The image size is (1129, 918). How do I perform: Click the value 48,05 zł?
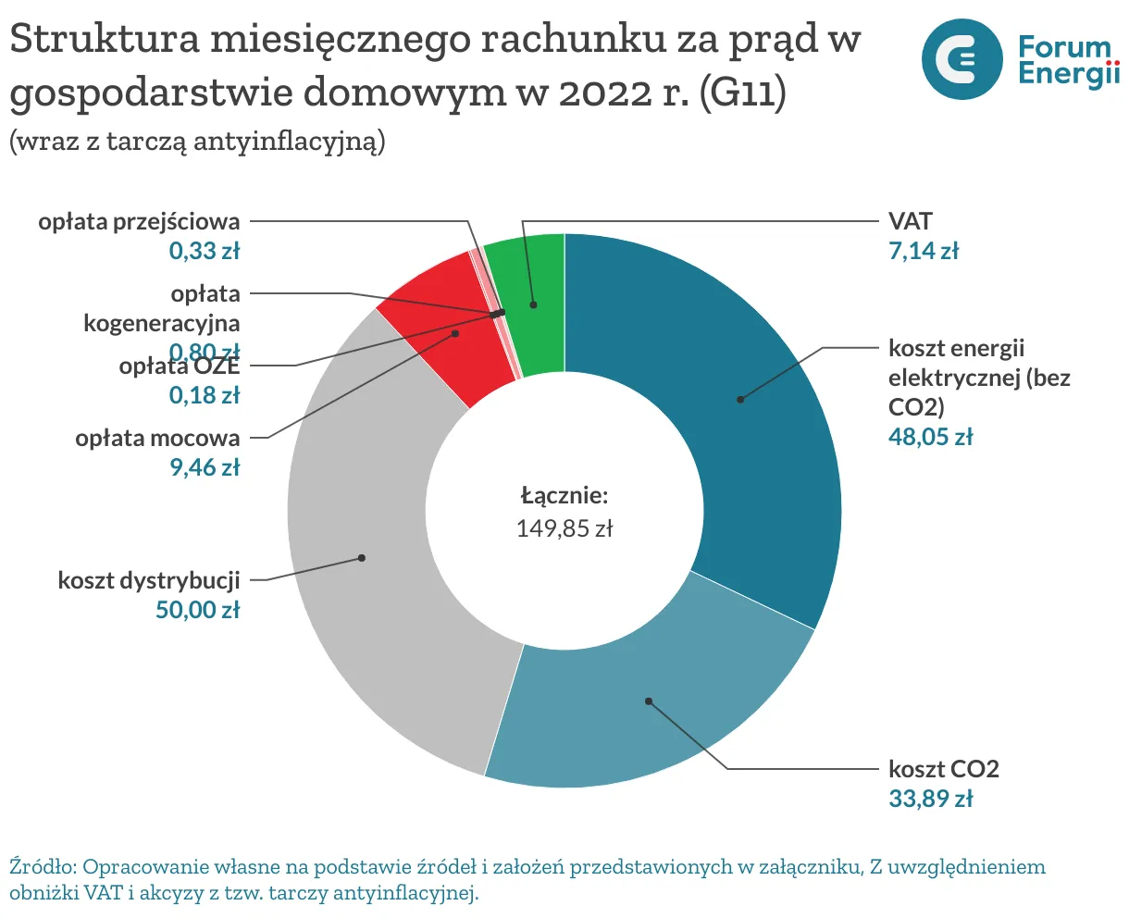coord(930,437)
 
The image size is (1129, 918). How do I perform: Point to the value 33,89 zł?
coord(930,798)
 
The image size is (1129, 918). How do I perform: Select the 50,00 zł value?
coord(198,609)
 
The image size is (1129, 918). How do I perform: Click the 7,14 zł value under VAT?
coord(924,250)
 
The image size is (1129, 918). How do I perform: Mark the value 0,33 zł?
coord(204,250)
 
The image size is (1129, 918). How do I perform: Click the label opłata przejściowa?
coord(139,222)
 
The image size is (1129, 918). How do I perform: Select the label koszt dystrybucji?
coord(149,580)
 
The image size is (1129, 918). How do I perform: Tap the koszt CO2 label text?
coord(943,769)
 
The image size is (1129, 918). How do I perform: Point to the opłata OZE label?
coord(179,367)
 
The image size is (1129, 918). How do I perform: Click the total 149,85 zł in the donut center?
coord(564,528)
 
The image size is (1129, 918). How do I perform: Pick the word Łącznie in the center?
coord(564,495)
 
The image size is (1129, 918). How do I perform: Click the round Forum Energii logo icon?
coord(962,59)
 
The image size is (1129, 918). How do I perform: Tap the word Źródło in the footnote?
coord(41,867)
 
